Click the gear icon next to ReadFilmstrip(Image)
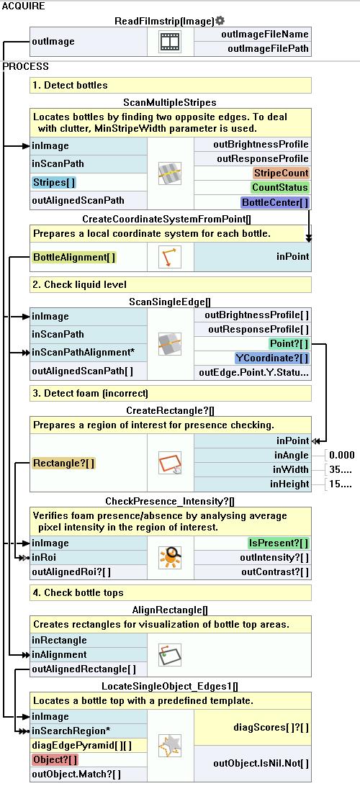click(x=220, y=21)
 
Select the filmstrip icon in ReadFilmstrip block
click(x=170, y=42)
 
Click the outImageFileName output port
click(x=265, y=34)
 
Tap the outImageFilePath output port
click(x=269, y=49)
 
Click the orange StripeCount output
click(x=281, y=173)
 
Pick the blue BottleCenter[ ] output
click(x=275, y=202)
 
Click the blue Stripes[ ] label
click(x=55, y=182)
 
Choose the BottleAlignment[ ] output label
click(x=74, y=257)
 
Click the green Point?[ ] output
click(x=289, y=343)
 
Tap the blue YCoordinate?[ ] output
click(x=272, y=358)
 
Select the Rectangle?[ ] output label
click(x=63, y=464)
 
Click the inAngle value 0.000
click(x=342, y=455)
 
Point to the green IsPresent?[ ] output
click(x=279, y=543)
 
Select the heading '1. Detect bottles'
click(x=70, y=85)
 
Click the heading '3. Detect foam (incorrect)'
click(x=90, y=393)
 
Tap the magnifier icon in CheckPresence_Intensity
click(x=170, y=557)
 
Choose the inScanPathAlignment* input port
click(x=84, y=353)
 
